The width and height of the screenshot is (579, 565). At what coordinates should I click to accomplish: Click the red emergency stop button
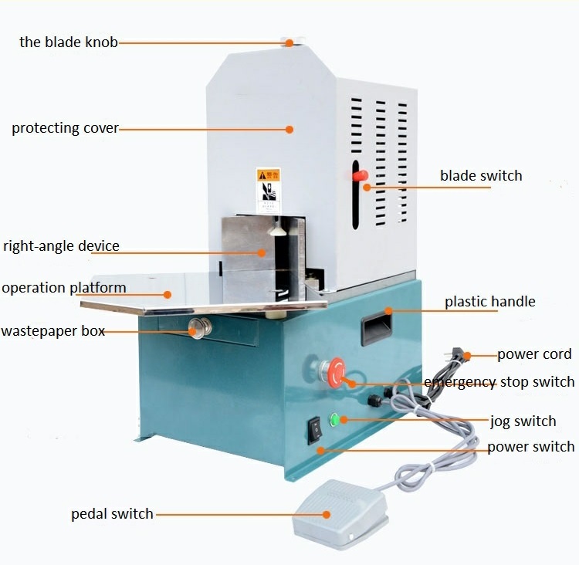[337, 371]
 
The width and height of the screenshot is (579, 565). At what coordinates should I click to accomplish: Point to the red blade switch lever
[359, 177]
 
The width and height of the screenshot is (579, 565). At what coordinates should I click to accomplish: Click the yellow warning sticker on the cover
[267, 186]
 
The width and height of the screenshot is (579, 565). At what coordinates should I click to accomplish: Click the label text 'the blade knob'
[69, 42]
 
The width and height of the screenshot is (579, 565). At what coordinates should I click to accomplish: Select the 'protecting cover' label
[65, 128]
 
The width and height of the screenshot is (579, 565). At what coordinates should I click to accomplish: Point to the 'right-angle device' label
[61, 247]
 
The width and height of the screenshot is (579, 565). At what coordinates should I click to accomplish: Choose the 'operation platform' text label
[63, 288]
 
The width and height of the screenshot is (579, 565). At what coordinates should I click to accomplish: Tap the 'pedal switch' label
[112, 514]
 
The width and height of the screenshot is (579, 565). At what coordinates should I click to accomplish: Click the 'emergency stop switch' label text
[499, 382]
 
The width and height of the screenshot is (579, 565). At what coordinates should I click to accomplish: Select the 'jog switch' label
[523, 421]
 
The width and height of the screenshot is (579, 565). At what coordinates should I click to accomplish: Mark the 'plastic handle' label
[489, 302]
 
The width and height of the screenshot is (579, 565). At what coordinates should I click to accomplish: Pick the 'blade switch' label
[481, 176]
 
